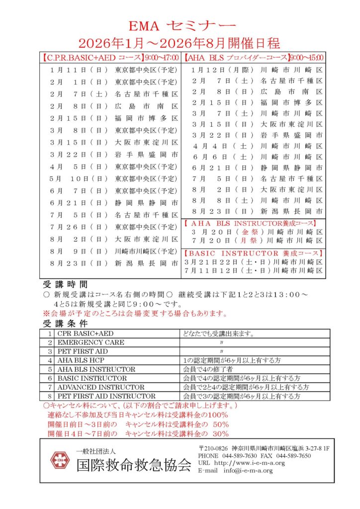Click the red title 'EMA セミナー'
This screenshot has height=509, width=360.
tap(180, 24)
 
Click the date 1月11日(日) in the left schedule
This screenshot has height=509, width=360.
tap(79, 70)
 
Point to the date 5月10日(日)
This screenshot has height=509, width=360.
tap(79, 178)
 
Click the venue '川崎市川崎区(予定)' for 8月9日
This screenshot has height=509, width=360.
tap(146, 251)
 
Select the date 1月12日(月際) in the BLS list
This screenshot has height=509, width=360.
tap(222, 70)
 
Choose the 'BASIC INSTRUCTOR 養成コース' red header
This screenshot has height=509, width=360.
tap(255, 253)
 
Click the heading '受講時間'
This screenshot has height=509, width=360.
tap(65, 285)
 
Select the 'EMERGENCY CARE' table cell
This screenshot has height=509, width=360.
tap(90, 342)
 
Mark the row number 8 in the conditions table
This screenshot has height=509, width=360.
tap(50, 396)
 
